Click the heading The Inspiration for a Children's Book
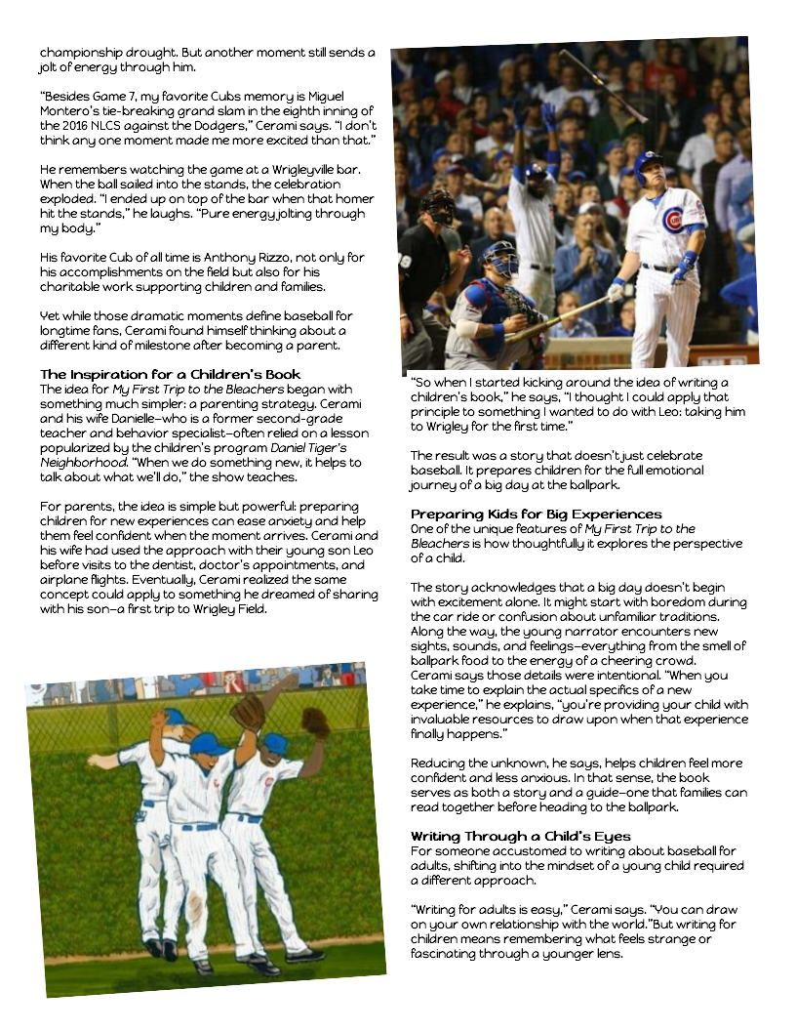[170, 374]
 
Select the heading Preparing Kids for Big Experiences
[536, 514]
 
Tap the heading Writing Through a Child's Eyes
[520, 836]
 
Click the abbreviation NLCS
[109, 125]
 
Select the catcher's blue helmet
[499, 254]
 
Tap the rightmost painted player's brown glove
[314, 723]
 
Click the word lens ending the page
[606, 954]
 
